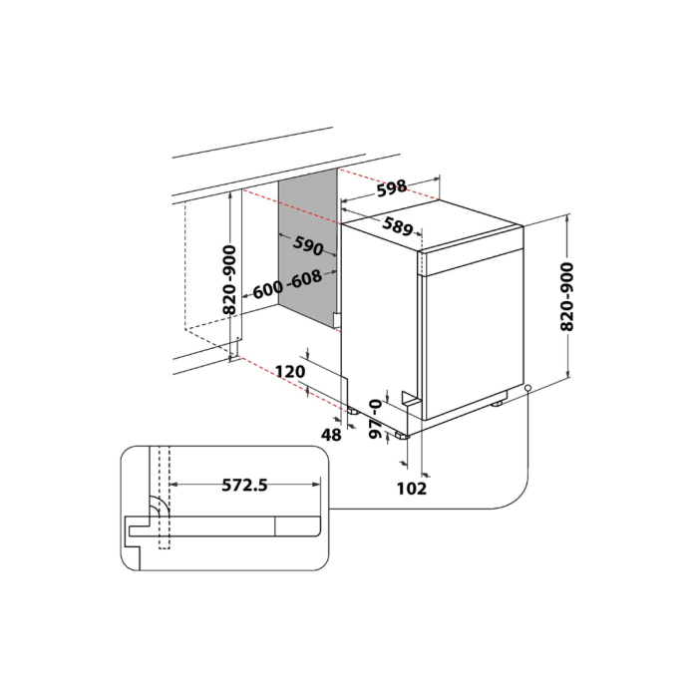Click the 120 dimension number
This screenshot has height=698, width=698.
[289, 371]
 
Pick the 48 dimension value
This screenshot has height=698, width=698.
[331, 434]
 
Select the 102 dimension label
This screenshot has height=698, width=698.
[412, 488]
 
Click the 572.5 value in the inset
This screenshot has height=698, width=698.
[242, 486]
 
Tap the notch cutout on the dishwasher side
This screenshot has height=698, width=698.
[409, 398]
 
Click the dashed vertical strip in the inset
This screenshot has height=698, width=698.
[165, 499]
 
